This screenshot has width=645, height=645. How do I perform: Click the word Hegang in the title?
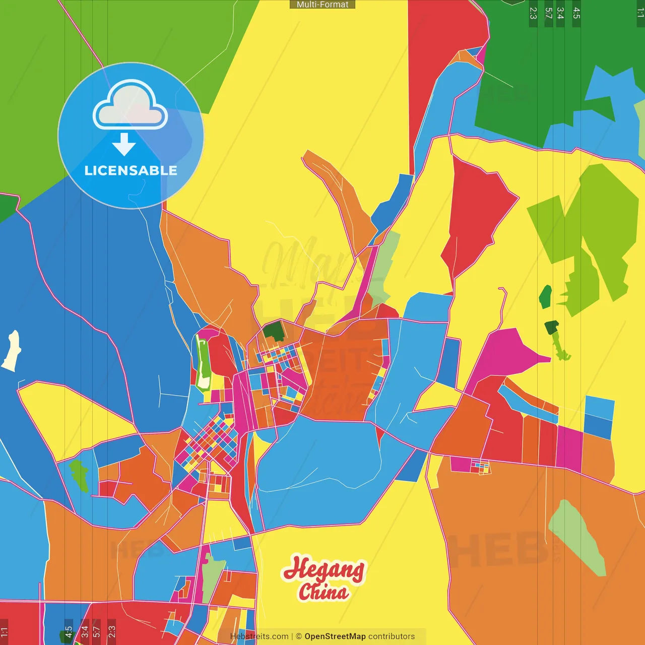[x=324, y=569]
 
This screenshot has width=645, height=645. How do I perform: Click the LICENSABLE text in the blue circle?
[x=131, y=170]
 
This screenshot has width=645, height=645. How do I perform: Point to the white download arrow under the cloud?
[x=124, y=144]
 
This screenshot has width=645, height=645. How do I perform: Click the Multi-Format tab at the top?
[x=322, y=5]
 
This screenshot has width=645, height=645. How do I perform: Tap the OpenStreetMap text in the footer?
[x=335, y=636]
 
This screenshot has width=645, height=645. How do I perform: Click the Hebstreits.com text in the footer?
[x=259, y=636]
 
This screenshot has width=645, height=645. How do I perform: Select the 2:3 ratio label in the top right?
[x=533, y=13]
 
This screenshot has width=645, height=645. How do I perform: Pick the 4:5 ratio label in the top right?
[x=576, y=13]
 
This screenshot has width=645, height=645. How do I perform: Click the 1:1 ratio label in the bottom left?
[x=5, y=632]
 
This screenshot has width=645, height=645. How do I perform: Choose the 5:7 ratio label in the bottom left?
[x=97, y=632]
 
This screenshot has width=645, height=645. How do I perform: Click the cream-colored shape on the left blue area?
[x=12, y=350]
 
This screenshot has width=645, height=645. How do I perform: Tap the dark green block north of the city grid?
[x=274, y=331]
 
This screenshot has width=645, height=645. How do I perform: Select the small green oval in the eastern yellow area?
[x=545, y=297]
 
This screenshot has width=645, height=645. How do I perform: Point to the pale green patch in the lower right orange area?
[x=577, y=537]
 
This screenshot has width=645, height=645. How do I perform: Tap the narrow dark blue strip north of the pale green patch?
[x=393, y=202]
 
